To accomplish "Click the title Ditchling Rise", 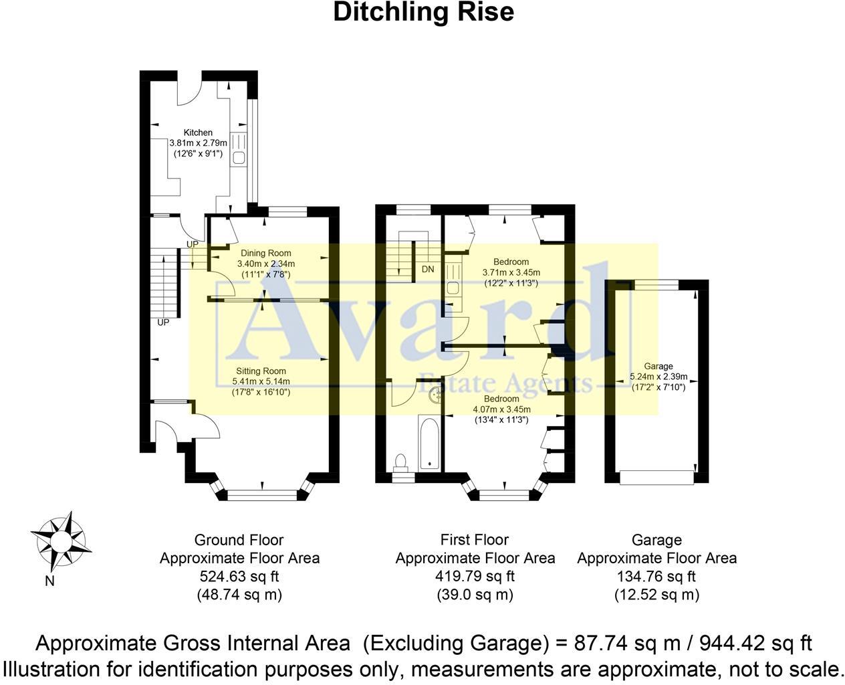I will click(423, 12).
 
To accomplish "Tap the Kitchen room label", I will click(198, 132).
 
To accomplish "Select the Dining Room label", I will click(266, 253).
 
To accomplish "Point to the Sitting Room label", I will click(261, 371).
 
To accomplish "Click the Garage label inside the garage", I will click(658, 366).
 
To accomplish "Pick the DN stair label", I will click(428, 270).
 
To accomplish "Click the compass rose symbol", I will click(62, 539).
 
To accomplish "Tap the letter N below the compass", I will click(49, 581).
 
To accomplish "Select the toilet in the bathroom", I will click(400, 462).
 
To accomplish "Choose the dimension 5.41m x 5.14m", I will click(261, 381).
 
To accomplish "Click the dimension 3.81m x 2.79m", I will click(198, 142).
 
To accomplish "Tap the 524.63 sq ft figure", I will click(239, 576).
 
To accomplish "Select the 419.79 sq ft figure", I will click(475, 576).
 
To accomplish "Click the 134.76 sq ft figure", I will click(656, 576).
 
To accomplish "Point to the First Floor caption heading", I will click(475, 540).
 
